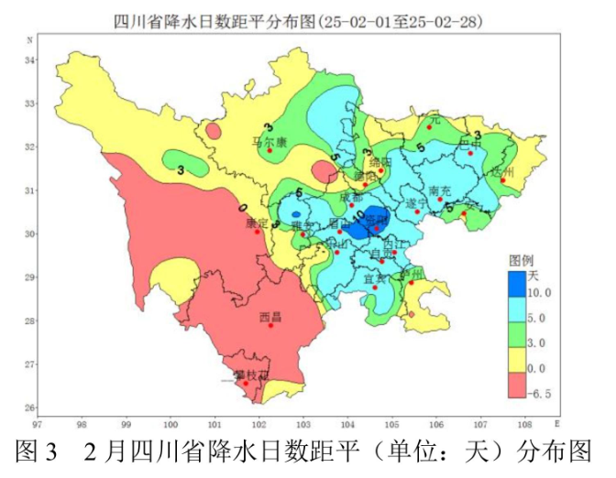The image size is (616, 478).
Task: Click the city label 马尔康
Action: [x=270, y=143]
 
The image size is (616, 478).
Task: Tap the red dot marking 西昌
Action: [x=269, y=325]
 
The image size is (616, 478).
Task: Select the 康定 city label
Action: [x=258, y=223]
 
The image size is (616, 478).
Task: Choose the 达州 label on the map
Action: [x=503, y=171]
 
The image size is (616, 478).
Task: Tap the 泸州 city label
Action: [x=414, y=274]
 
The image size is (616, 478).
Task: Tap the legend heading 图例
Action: [x=522, y=258]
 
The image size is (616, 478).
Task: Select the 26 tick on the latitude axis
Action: [x=28, y=407]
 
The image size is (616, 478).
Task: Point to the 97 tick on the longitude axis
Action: [x=38, y=425]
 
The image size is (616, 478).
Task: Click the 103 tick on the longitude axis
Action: [x=303, y=425]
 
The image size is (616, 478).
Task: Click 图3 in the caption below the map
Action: [x=42, y=454]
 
